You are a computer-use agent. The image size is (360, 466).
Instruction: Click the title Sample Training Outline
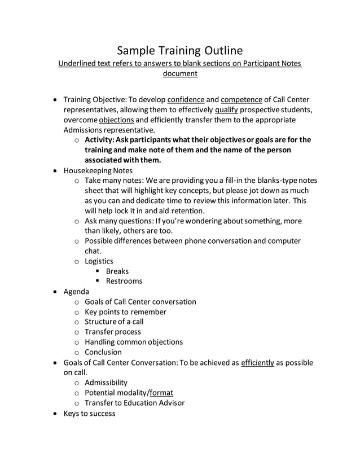point(180,50)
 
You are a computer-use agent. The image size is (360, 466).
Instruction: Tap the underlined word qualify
point(226,109)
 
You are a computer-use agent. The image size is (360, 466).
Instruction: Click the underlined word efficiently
point(257,362)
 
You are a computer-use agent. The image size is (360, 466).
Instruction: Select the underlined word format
point(161,393)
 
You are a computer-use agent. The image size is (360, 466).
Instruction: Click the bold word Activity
point(100,139)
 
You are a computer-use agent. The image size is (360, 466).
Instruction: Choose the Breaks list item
point(117,271)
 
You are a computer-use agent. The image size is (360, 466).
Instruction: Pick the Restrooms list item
point(124,281)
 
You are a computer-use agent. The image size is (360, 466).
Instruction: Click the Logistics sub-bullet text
point(99,261)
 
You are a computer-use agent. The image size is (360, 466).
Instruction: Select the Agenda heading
point(76,291)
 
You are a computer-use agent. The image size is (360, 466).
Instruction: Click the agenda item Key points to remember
point(125,311)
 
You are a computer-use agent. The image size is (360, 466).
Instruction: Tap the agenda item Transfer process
point(113,332)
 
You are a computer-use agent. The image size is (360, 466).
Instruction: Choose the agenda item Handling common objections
point(134,342)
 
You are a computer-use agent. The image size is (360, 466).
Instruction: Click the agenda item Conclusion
point(103,352)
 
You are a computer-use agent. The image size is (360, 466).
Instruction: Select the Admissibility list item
point(106,383)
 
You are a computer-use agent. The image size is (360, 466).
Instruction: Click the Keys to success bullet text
point(89,413)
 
